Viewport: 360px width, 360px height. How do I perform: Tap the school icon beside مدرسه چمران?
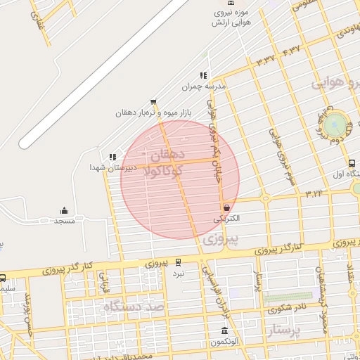pyautogui.click(x=203, y=75)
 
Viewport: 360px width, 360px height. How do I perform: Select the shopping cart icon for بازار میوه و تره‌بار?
pyautogui.click(x=153, y=102)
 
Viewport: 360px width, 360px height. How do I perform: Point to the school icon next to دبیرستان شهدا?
pyautogui.click(x=112, y=157)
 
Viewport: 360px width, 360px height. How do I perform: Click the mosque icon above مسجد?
pyautogui.click(x=65, y=210)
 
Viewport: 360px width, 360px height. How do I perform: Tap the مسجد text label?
pyautogui.click(x=65, y=221)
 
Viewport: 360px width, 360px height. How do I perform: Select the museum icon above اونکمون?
pyautogui.click(x=224, y=331)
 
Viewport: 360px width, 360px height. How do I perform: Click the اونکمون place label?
pyautogui.click(x=224, y=342)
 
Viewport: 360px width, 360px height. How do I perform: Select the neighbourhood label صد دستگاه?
pyautogui.click(x=134, y=307)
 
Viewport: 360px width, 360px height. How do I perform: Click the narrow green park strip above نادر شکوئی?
pyautogui.click(x=288, y=297)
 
